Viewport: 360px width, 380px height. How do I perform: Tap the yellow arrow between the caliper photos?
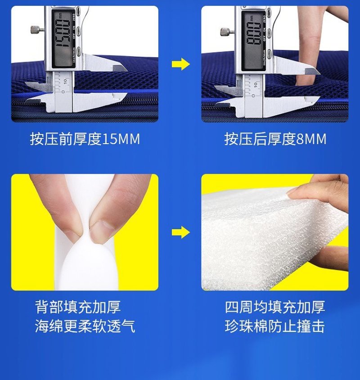[x=181, y=64]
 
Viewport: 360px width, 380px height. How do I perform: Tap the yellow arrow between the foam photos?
[x=181, y=232]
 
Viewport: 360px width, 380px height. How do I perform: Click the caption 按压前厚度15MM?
[x=85, y=139]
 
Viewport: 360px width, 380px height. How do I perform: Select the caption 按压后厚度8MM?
[x=275, y=139]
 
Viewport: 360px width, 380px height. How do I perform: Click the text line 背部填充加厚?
[x=78, y=307]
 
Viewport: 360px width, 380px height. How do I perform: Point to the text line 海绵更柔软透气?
[x=85, y=326]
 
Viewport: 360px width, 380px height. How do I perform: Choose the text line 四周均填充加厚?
[x=275, y=307]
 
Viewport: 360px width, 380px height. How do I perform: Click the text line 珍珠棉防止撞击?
[x=275, y=326]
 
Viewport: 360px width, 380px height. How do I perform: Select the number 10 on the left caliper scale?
[x=65, y=81]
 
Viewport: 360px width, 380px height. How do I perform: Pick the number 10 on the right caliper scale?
[x=255, y=85]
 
